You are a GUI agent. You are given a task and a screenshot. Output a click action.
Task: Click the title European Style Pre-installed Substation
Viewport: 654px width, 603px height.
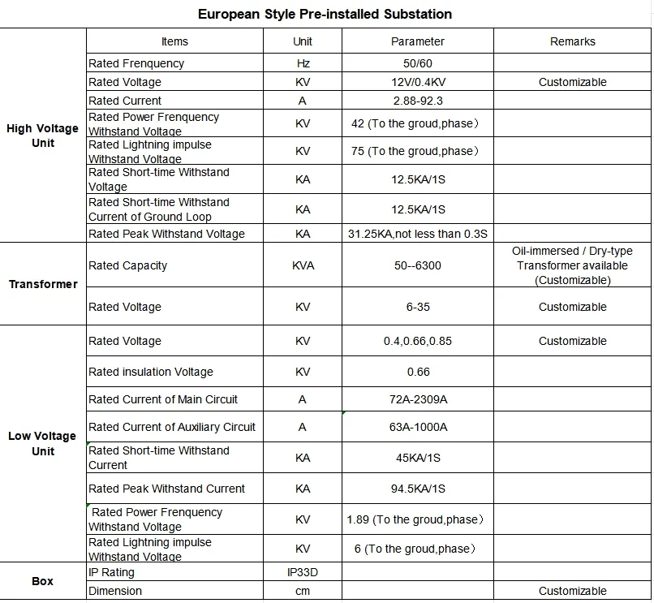pyautogui.click(x=325, y=14)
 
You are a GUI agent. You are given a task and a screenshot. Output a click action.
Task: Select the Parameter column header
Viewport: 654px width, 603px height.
pyautogui.click(x=417, y=41)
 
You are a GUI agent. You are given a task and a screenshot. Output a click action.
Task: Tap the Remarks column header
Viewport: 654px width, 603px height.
pyautogui.click(x=572, y=41)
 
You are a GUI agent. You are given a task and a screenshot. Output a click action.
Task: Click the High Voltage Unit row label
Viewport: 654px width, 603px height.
pyautogui.click(x=42, y=136)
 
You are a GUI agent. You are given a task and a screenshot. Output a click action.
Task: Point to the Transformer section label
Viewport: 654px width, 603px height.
pyautogui.click(x=43, y=284)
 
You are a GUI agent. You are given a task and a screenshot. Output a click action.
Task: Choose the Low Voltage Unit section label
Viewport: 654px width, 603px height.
pyautogui.click(x=42, y=443)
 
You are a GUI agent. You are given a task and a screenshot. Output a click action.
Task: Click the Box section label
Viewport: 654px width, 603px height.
pyautogui.click(x=43, y=581)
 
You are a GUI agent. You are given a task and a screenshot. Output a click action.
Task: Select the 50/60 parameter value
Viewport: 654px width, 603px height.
pyautogui.click(x=417, y=63)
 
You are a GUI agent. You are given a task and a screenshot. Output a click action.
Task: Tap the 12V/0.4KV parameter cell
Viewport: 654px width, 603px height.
pyautogui.click(x=417, y=82)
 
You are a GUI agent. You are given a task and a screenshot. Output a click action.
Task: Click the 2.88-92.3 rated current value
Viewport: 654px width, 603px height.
pyautogui.click(x=417, y=101)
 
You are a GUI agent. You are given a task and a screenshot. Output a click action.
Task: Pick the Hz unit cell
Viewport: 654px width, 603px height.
pyautogui.click(x=303, y=63)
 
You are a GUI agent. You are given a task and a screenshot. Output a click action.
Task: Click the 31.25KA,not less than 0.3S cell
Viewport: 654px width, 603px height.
pyautogui.click(x=417, y=234)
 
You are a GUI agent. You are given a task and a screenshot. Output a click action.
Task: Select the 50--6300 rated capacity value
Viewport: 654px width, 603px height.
pyautogui.click(x=417, y=265)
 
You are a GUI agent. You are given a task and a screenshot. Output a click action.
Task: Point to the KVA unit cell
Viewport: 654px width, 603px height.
pyautogui.click(x=303, y=265)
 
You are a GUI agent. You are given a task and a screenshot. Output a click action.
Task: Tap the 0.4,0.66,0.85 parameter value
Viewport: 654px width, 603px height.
pyautogui.click(x=417, y=341)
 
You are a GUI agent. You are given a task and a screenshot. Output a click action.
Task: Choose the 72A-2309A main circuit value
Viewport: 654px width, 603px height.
pyautogui.click(x=417, y=399)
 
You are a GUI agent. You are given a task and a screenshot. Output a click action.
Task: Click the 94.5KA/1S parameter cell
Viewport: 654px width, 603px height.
pyautogui.click(x=417, y=489)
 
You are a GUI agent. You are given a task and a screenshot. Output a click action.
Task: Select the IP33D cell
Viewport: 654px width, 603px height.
pyautogui.click(x=303, y=572)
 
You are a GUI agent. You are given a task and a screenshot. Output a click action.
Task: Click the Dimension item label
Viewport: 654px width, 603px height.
pyautogui.click(x=115, y=591)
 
